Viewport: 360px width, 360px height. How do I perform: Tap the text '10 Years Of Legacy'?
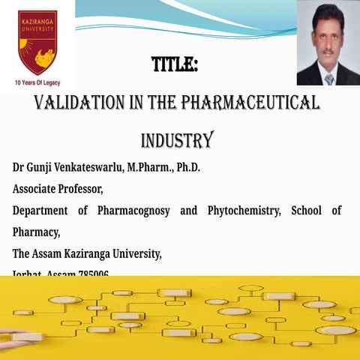[x=37, y=81]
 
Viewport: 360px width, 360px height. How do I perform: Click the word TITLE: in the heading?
[x=174, y=66]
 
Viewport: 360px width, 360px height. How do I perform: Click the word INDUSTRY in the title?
[x=177, y=140]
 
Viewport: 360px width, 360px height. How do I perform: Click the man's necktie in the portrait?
[x=328, y=77]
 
